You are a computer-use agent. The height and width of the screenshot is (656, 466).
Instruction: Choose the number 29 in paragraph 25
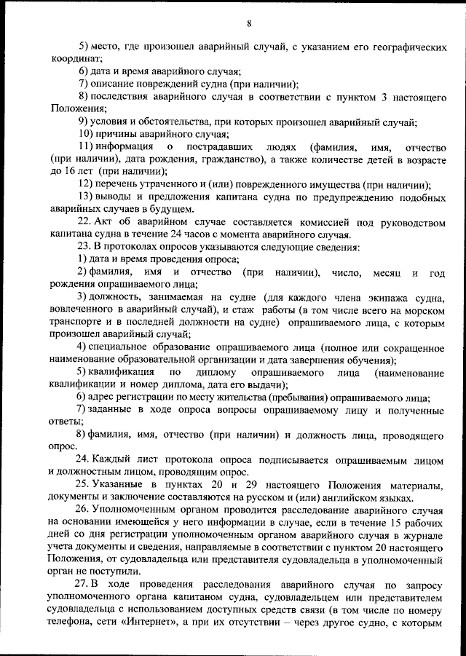(x=218, y=486)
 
